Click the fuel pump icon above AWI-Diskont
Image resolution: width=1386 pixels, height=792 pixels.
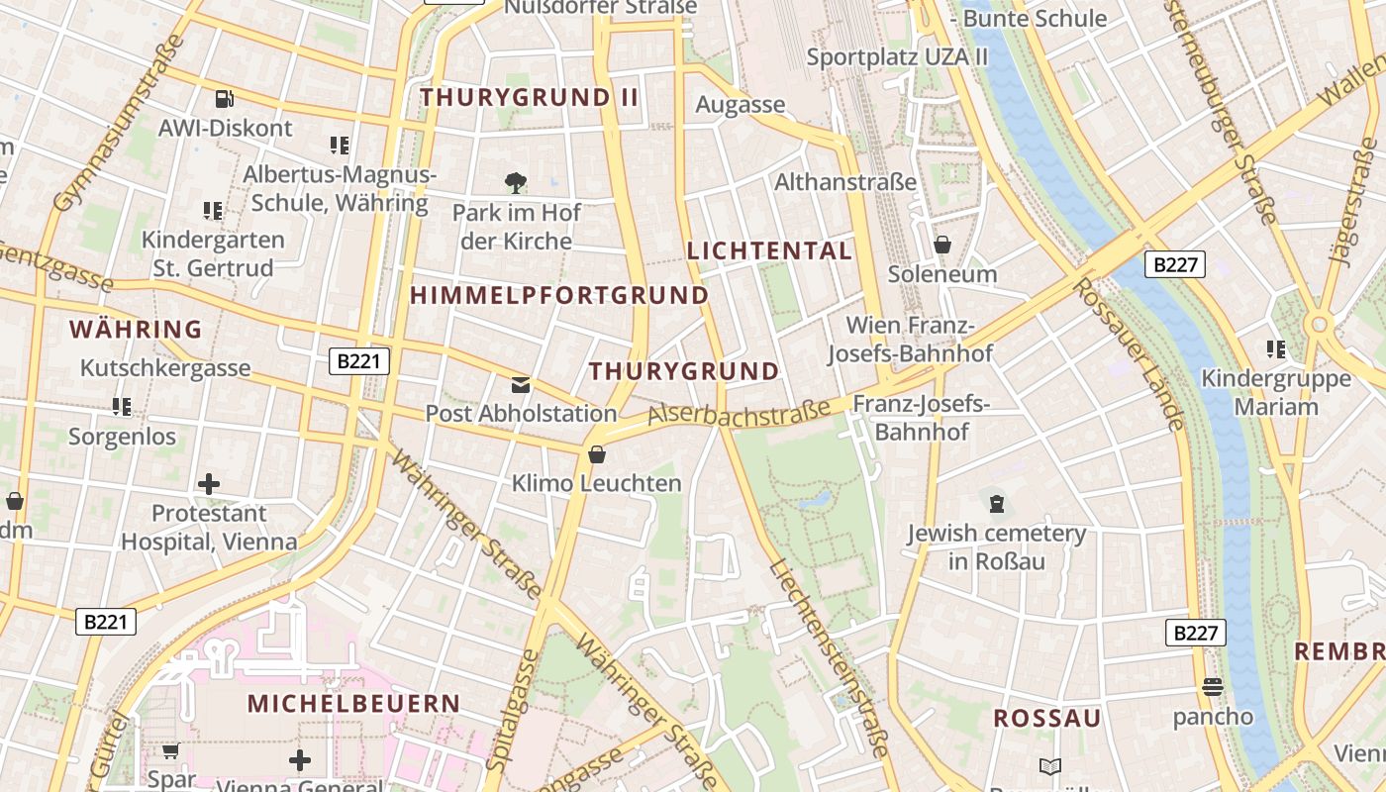(225, 99)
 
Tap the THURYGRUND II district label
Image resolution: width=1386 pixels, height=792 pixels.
(530, 97)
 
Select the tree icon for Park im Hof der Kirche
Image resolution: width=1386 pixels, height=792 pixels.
(515, 183)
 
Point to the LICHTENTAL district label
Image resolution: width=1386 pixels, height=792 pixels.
(769, 250)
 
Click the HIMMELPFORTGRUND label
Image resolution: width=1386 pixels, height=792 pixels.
(559, 295)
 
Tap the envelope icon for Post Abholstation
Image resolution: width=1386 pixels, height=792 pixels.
(521, 385)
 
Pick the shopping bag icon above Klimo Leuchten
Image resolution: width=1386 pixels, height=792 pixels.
(597, 454)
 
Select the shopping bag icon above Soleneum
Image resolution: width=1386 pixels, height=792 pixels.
(942, 244)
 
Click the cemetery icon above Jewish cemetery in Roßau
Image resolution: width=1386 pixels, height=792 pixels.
(996, 504)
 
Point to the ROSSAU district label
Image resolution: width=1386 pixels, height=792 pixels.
(1046, 719)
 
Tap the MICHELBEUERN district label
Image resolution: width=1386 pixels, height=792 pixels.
(353, 704)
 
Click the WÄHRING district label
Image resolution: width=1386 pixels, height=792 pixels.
(136, 329)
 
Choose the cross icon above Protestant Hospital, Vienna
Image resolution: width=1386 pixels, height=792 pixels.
(209, 484)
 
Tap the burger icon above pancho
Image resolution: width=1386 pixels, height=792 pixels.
(1213, 687)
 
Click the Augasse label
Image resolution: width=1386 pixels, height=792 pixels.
(740, 105)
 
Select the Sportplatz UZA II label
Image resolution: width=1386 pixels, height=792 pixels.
(897, 56)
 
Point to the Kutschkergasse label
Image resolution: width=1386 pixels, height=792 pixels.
(165, 368)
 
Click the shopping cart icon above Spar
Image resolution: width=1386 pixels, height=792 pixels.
(171, 751)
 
